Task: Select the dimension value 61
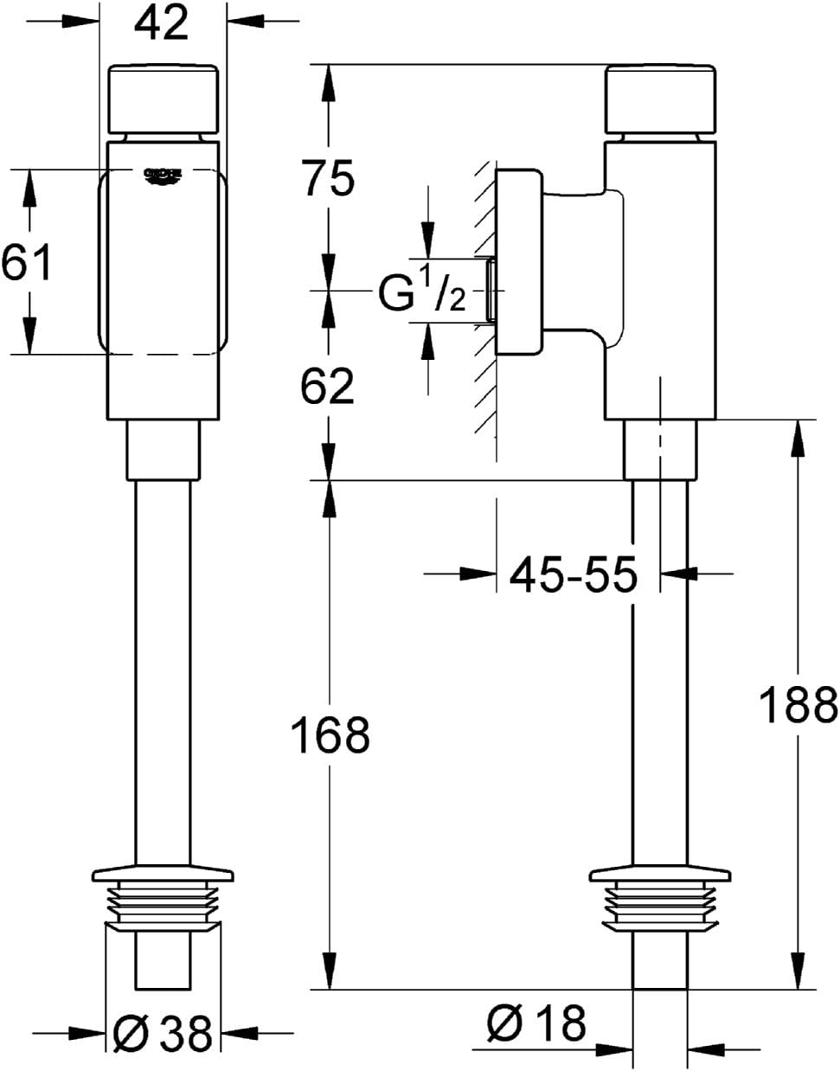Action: point(26,262)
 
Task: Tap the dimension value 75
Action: point(327,179)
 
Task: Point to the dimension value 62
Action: point(327,386)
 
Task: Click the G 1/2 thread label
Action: point(422,296)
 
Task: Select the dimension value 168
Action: point(330,735)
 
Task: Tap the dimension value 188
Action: point(798,704)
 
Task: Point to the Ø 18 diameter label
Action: point(535,1024)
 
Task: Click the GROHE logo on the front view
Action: point(163,176)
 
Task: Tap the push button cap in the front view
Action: point(163,97)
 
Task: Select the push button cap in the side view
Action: point(661,97)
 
